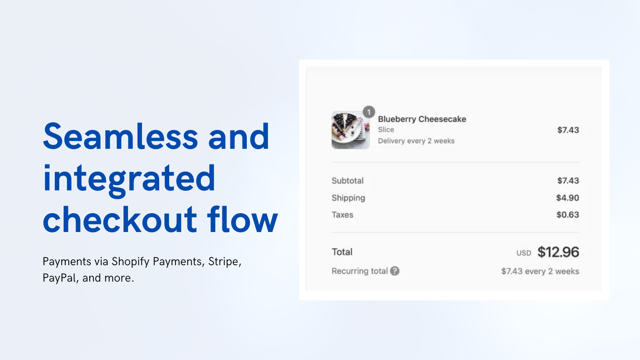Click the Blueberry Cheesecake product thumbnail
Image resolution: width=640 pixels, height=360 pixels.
pyautogui.click(x=350, y=130)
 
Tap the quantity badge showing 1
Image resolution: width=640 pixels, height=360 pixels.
pyautogui.click(x=369, y=112)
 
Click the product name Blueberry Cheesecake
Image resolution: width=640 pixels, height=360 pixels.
pyautogui.click(x=422, y=119)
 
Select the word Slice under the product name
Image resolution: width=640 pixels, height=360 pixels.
pyautogui.click(x=386, y=130)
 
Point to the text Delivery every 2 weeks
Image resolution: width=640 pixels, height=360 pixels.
pyautogui.click(x=416, y=141)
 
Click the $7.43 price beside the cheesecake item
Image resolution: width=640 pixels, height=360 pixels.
pyautogui.click(x=568, y=130)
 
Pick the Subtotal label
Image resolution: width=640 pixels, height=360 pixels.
pyautogui.click(x=348, y=180)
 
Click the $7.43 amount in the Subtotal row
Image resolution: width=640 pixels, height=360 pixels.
pyautogui.click(x=568, y=180)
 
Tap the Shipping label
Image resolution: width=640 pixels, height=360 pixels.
pyautogui.click(x=348, y=198)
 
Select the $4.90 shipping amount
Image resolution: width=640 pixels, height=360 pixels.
pyautogui.click(x=568, y=198)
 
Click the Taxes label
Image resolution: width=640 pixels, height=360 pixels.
pyautogui.click(x=342, y=215)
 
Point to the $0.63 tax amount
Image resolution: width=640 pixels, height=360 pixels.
pyautogui.click(x=568, y=214)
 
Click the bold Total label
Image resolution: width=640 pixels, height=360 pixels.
pyautogui.click(x=342, y=252)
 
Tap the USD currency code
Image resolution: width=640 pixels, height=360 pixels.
pyautogui.click(x=524, y=253)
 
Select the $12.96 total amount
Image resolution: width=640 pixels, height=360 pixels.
pyautogui.click(x=558, y=252)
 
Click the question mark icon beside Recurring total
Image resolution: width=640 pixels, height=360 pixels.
pyautogui.click(x=394, y=271)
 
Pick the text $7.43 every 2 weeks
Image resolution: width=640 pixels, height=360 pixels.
pyautogui.click(x=540, y=271)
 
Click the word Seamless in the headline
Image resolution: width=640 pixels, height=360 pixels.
pyautogui.click(x=120, y=136)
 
